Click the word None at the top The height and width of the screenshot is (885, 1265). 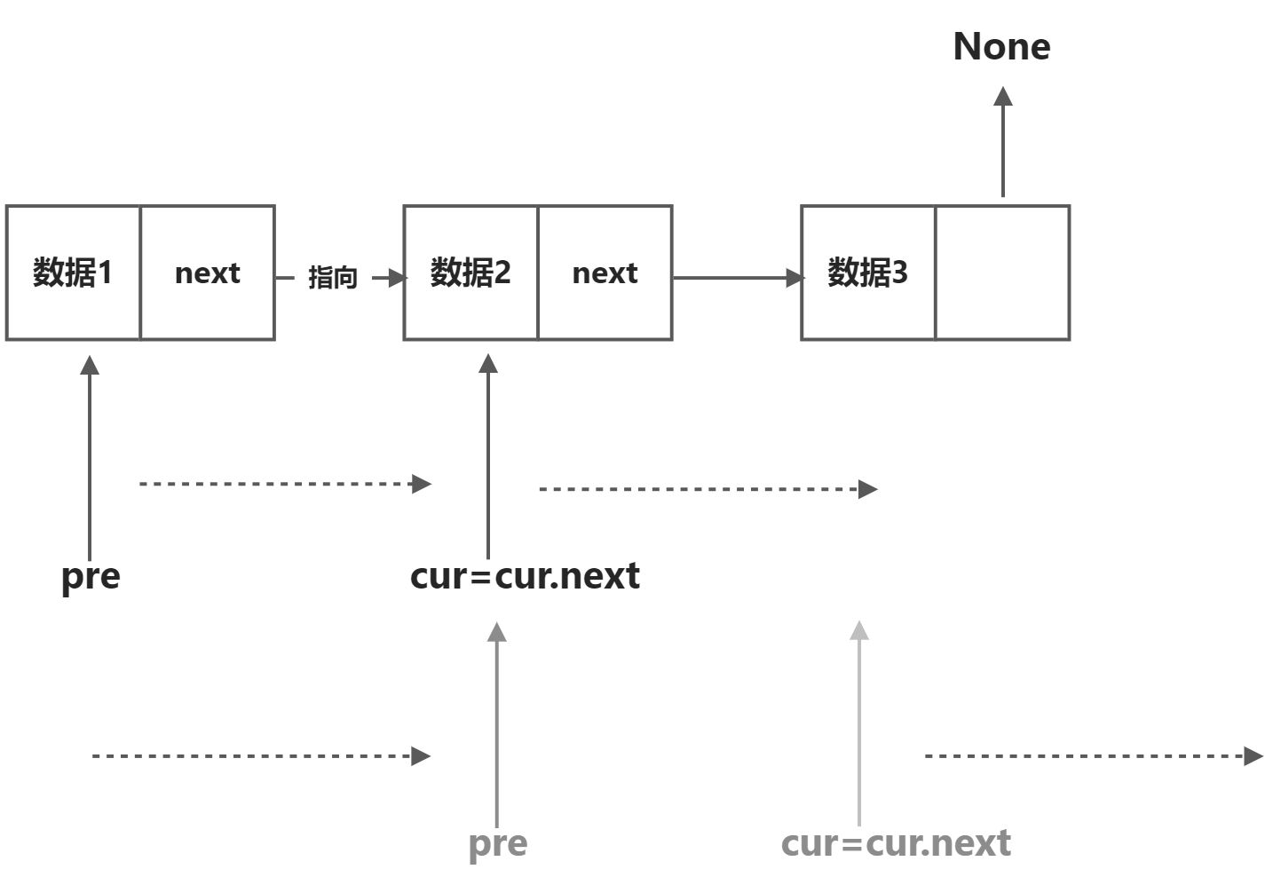point(1001,46)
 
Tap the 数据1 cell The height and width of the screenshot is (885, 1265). point(73,273)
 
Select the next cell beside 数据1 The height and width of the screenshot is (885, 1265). point(208,273)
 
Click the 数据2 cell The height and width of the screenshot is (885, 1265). point(470,273)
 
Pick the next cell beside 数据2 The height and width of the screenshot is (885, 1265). point(605,273)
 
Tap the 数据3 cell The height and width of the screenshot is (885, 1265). point(867,273)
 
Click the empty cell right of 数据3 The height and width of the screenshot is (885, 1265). point(1002,273)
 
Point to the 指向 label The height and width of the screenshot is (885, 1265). point(333,278)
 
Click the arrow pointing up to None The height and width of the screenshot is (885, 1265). point(1003,142)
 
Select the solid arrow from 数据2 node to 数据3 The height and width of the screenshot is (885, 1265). point(737,278)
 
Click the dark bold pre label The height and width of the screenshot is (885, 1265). point(91,576)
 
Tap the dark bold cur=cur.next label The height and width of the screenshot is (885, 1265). point(525,576)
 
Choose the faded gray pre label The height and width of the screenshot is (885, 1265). point(498,843)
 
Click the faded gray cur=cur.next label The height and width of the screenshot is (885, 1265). point(896,843)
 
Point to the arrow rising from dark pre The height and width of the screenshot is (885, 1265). point(90,457)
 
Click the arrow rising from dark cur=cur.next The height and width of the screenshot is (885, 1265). point(487,457)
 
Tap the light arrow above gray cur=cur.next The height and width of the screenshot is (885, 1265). point(859,723)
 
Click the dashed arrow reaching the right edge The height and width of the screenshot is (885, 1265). point(1092,756)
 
